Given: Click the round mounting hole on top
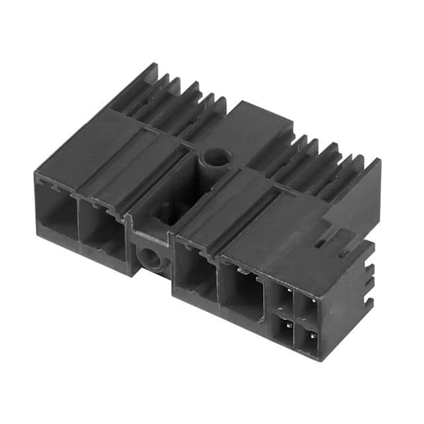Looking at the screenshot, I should point(215,158).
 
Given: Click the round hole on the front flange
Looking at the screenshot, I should point(152,257).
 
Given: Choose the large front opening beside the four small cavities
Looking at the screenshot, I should point(242,291).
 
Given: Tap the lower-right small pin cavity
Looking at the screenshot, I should point(307,341).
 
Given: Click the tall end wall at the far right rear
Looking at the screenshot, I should point(361,192).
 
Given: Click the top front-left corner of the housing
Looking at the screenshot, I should point(36,174).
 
